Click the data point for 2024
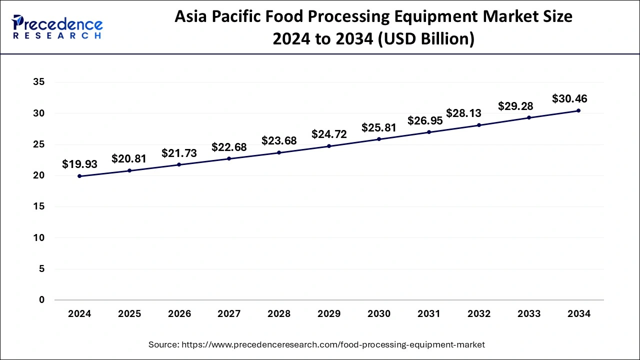coord(79,176)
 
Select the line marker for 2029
coord(329,146)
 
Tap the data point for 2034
coord(578,110)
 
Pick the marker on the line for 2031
coord(429,132)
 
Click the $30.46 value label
coord(569,98)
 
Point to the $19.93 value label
coord(79,163)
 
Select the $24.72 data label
coord(329,134)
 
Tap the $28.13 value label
coord(463,113)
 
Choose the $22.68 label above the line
coord(229,147)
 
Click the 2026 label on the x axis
coord(179,314)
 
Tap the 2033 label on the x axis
coord(529,314)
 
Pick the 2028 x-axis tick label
coord(279,314)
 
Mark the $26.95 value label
coord(425,120)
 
